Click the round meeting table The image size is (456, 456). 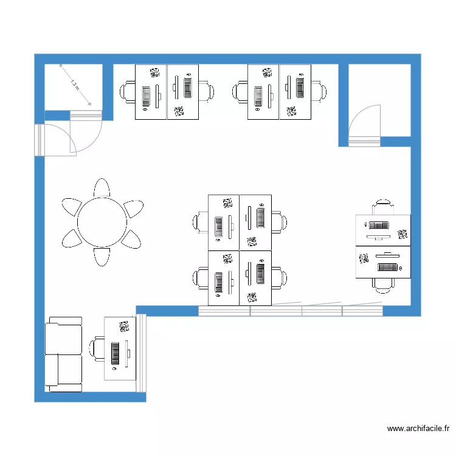102,222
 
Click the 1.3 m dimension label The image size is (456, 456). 75,86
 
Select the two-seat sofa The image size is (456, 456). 63,354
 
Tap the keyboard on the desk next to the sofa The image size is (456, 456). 116,353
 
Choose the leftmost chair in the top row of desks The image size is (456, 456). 128,92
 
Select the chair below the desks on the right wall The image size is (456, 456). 383,285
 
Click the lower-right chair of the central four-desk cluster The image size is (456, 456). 279,278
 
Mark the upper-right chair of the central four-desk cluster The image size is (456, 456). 279,222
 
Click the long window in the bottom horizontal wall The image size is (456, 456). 291,311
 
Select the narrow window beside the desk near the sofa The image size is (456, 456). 141,353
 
